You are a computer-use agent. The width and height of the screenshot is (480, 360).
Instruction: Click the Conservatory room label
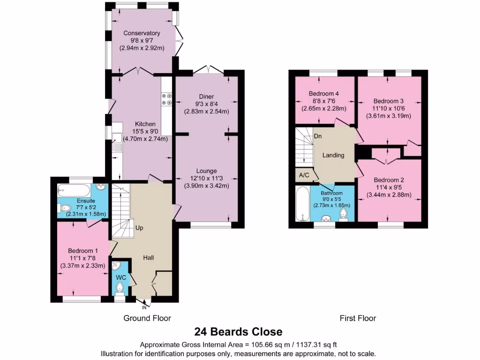(142, 33)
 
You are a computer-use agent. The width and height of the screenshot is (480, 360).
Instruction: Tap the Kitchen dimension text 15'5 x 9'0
(145, 131)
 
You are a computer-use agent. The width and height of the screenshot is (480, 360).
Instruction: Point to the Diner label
(206, 97)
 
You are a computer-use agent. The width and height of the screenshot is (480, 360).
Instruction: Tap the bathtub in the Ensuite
(74, 190)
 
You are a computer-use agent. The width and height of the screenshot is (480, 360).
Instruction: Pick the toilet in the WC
(121, 287)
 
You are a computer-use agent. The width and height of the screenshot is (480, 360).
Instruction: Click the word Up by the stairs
(139, 228)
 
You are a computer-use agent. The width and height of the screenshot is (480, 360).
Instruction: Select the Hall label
(149, 258)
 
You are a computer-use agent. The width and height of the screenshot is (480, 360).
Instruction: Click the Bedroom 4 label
(324, 93)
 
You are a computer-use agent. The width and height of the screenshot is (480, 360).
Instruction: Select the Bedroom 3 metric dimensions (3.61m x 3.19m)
(388, 116)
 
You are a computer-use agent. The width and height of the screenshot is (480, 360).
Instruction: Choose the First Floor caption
(358, 318)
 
